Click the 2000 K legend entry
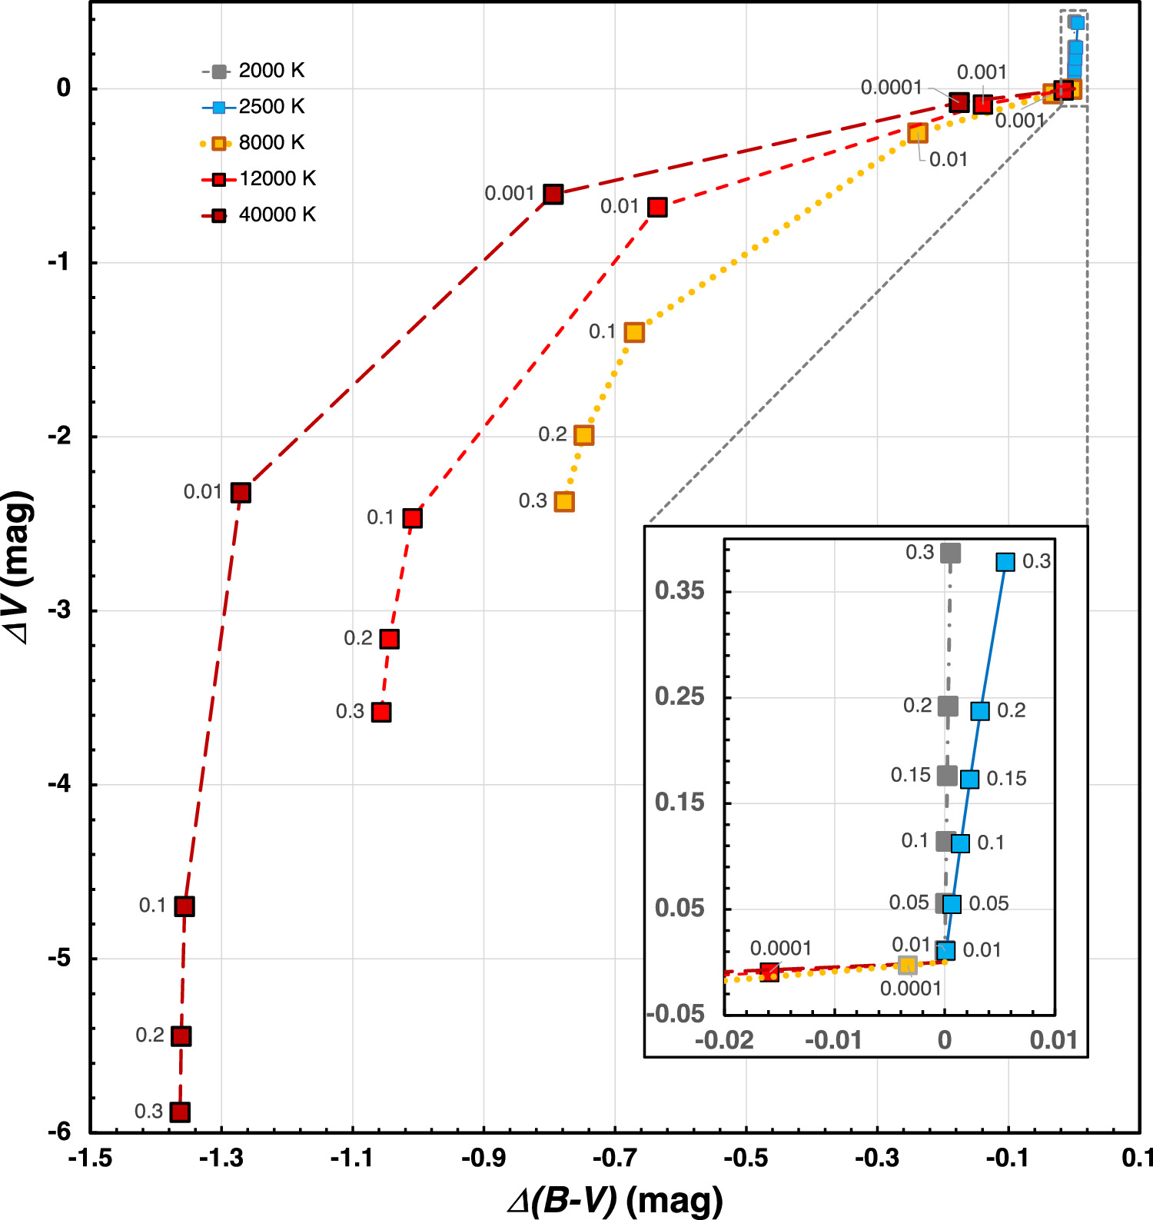pyautogui.click(x=254, y=71)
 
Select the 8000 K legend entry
pyautogui.click(x=254, y=143)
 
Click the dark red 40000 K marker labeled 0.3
pyautogui.click(x=180, y=1112)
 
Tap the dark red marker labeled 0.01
pyautogui.click(x=241, y=493)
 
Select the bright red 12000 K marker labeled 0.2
pyautogui.click(x=390, y=639)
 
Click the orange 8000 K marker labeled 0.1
pyautogui.click(x=634, y=332)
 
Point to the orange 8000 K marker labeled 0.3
pyautogui.click(x=565, y=502)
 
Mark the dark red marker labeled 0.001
pyautogui.click(x=553, y=194)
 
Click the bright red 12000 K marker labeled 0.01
pyautogui.click(x=657, y=207)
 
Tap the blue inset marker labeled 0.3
pyautogui.click(x=1005, y=562)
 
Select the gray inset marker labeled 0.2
pyautogui.click(x=948, y=706)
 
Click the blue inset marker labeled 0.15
pyautogui.click(x=970, y=780)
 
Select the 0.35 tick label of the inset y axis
pyautogui.click(x=680, y=591)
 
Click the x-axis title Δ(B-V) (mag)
pyautogui.click(x=616, y=1199)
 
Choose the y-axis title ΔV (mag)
pyautogui.click(x=18, y=567)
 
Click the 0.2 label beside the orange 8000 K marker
pyautogui.click(x=553, y=434)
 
